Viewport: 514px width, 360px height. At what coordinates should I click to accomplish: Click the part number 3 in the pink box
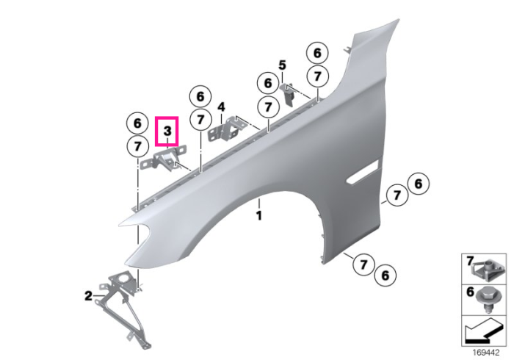pos(167,132)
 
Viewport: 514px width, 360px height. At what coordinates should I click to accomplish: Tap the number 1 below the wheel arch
pos(259,216)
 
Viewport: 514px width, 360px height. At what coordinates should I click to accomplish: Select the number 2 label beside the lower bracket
pos(89,296)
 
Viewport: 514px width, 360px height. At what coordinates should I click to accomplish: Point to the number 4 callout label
pos(222,107)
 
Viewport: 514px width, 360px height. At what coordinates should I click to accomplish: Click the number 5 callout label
pos(282,65)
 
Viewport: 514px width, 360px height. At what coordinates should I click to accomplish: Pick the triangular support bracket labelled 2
pos(123,308)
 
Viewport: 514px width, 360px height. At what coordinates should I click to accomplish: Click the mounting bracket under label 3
pos(163,159)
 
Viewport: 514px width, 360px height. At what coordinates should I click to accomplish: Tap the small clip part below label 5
pos(288,93)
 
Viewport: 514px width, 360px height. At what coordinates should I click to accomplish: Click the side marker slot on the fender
pos(363,171)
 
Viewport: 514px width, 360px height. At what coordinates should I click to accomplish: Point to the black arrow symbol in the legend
pos(482,331)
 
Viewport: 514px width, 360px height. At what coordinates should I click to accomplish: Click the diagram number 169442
pos(486,353)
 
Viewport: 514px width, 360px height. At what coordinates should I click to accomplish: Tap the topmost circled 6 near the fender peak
pos(317,53)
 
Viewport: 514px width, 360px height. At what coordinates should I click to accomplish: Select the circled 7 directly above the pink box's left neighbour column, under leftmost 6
pos(137,146)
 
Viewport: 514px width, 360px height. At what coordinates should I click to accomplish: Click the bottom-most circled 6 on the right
pos(385,276)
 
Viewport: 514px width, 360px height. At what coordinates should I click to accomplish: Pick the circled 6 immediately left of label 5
pos(268,83)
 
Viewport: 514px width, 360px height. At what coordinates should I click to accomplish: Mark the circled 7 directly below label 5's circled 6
pos(268,107)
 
